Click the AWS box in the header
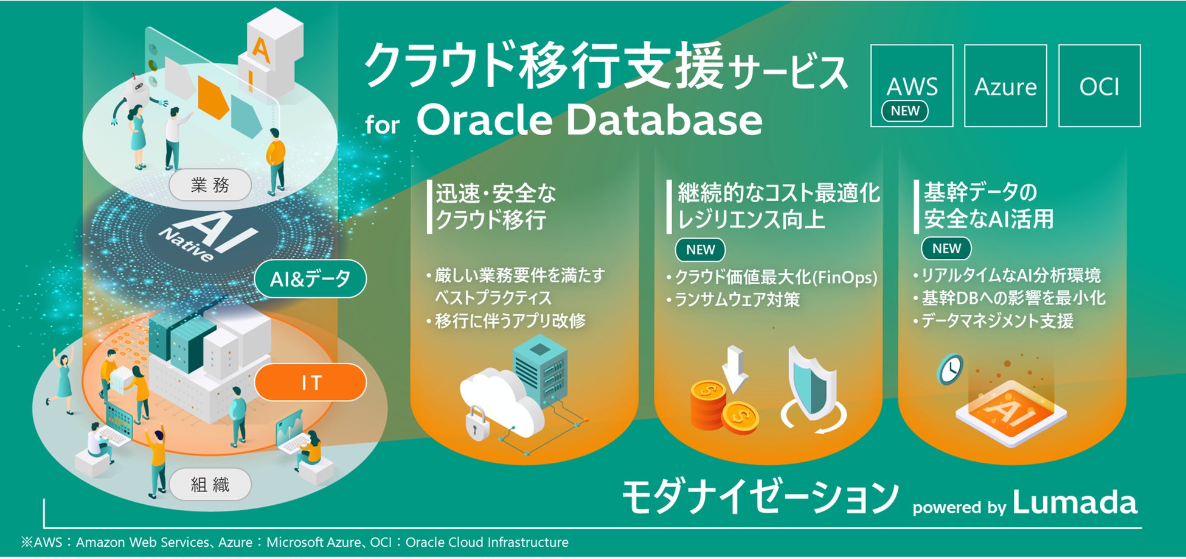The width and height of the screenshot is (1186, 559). (912, 85)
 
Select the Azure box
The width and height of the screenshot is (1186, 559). (1005, 85)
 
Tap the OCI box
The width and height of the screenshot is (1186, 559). (1099, 85)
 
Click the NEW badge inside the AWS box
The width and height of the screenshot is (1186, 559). (905, 111)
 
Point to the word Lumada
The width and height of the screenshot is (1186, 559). (1075, 503)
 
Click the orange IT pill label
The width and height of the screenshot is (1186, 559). (311, 382)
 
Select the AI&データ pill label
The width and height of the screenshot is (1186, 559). (310, 279)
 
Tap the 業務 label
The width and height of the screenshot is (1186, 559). (210, 185)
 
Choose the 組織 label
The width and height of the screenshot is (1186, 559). (210, 485)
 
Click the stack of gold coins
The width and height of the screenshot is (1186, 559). (723, 406)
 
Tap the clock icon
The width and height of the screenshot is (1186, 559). (950, 369)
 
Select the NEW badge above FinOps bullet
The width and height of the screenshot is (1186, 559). (701, 250)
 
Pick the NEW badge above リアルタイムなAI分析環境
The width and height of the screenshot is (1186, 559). (947, 248)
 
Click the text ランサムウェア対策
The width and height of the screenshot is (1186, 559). (737, 300)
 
